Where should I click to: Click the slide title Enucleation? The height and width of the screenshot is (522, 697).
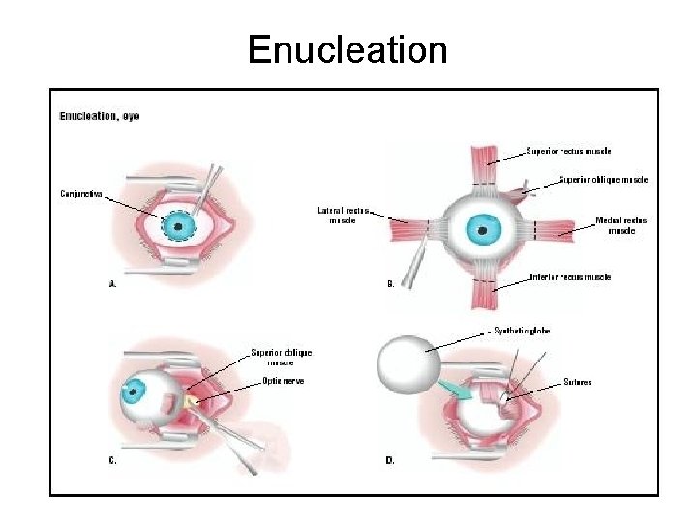click(x=348, y=49)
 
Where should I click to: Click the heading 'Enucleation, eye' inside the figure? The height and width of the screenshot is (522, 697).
click(x=100, y=116)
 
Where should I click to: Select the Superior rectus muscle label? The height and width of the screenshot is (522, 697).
click(x=568, y=151)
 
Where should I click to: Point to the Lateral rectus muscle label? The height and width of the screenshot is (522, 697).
click(x=343, y=215)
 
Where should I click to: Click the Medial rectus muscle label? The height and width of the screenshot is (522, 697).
click(x=621, y=225)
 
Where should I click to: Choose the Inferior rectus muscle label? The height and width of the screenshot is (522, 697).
click(x=570, y=277)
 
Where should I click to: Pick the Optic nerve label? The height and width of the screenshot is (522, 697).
click(x=284, y=381)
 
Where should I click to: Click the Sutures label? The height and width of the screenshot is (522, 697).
click(x=578, y=382)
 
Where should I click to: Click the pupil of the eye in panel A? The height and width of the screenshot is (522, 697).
click(x=178, y=227)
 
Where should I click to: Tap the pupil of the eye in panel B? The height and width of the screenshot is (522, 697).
click(x=480, y=231)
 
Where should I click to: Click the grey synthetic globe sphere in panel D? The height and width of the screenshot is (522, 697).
click(x=408, y=366)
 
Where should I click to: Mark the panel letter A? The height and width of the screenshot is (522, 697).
click(x=112, y=284)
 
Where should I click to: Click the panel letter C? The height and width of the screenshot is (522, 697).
click(x=112, y=461)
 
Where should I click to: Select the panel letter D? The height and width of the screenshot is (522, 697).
click(x=390, y=461)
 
